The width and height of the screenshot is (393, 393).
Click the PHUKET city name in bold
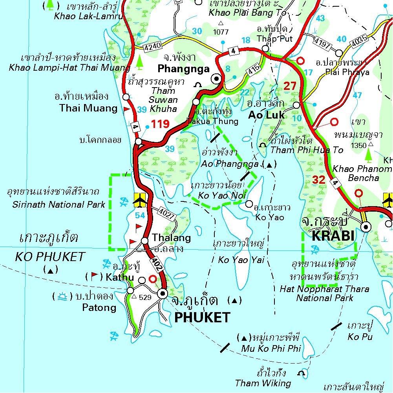[x=202, y=317]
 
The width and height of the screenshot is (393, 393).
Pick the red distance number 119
[x=160, y=125]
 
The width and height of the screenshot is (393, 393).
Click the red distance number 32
[x=319, y=180]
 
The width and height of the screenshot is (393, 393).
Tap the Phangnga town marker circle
[x=216, y=79]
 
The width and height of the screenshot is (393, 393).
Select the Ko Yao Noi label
[x=222, y=195]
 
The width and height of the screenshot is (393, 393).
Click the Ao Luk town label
[x=267, y=115]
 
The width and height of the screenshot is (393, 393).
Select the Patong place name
[x=99, y=307]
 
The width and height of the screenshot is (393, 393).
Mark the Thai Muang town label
[x=88, y=108]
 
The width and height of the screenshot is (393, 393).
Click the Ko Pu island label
[x=360, y=336]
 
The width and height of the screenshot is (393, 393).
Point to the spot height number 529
[x=145, y=297]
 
